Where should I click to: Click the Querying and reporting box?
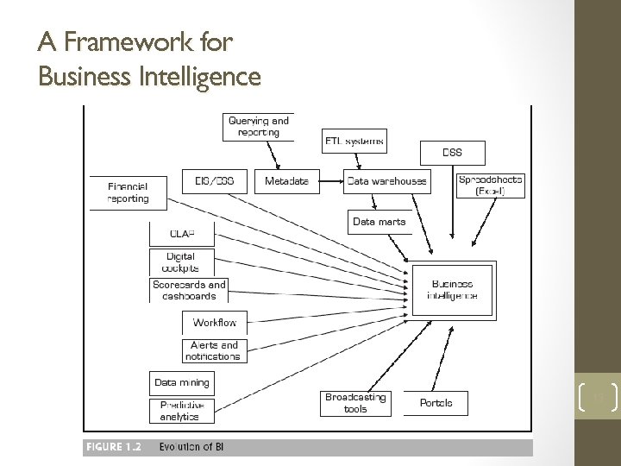pyautogui.click(x=259, y=126)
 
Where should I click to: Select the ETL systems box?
pyautogui.click(x=354, y=140)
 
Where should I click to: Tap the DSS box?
pyautogui.click(x=452, y=153)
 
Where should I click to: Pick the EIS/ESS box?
pyautogui.click(x=208, y=181)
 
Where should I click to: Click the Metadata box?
pyautogui.click(x=286, y=181)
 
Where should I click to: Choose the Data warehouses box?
pyautogui.click(x=386, y=181)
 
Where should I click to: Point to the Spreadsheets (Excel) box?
pyautogui.click(x=490, y=185)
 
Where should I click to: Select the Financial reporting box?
pyautogui.click(x=128, y=192)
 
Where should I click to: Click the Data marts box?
pyautogui.click(x=379, y=222)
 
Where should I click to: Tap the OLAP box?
pyautogui.click(x=182, y=232)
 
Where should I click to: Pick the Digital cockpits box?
pyautogui.click(x=181, y=261)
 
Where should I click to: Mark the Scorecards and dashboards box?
pyautogui.click(x=189, y=290)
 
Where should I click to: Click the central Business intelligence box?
pyautogui.click(x=452, y=289)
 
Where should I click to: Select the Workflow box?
pyautogui.click(x=215, y=323)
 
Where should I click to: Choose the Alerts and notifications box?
pyautogui.click(x=213, y=350)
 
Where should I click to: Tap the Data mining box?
pyautogui.click(x=181, y=381)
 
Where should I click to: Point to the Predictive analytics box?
pyautogui.click(x=180, y=410)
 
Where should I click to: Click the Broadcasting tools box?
pyautogui.click(x=355, y=402)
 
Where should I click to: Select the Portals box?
pyautogui.click(x=436, y=402)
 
